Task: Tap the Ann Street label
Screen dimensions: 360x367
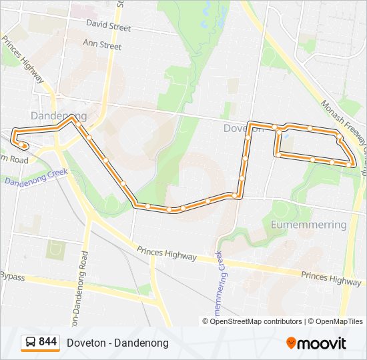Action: click(x=102, y=46)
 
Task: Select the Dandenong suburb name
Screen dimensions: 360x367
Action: click(x=58, y=116)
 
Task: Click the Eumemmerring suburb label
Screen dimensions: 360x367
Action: click(x=309, y=225)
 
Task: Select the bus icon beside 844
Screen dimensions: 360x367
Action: click(x=30, y=343)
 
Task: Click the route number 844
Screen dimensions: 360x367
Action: click(x=48, y=342)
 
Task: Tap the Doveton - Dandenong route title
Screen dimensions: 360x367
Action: click(x=117, y=343)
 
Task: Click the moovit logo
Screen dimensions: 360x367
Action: click(x=316, y=343)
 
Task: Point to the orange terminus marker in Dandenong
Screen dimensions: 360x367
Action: click(x=25, y=145)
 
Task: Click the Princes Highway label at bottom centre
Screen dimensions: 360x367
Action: click(x=167, y=253)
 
